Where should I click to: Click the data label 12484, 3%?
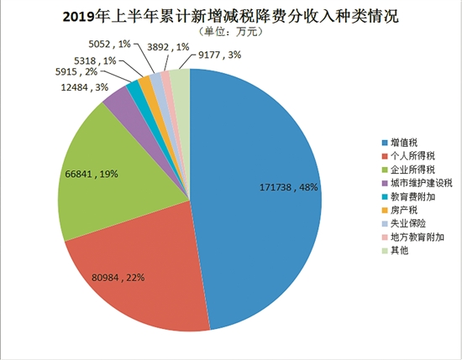click(x=85, y=87)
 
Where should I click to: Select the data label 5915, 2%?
click(x=76, y=72)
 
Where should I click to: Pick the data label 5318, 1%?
click(x=95, y=61)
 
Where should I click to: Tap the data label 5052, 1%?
click(x=109, y=44)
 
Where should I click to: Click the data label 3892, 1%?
click(x=168, y=47)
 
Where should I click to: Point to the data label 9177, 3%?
click(x=220, y=55)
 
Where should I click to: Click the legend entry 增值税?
click(x=400, y=143)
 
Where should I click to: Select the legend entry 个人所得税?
click(x=408, y=156)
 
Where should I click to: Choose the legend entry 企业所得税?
click(x=408, y=170)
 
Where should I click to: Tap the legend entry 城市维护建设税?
click(x=417, y=183)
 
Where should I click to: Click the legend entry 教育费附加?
click(x=408, y=196)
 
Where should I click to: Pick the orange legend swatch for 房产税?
click(x=385, y=211)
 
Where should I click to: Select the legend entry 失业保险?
click(x=404, y=224)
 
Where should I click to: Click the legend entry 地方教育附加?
click(x=412, y=237)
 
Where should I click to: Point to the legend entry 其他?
click(x=395, y=251)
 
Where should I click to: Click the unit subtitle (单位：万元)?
click(x=230, y=32)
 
